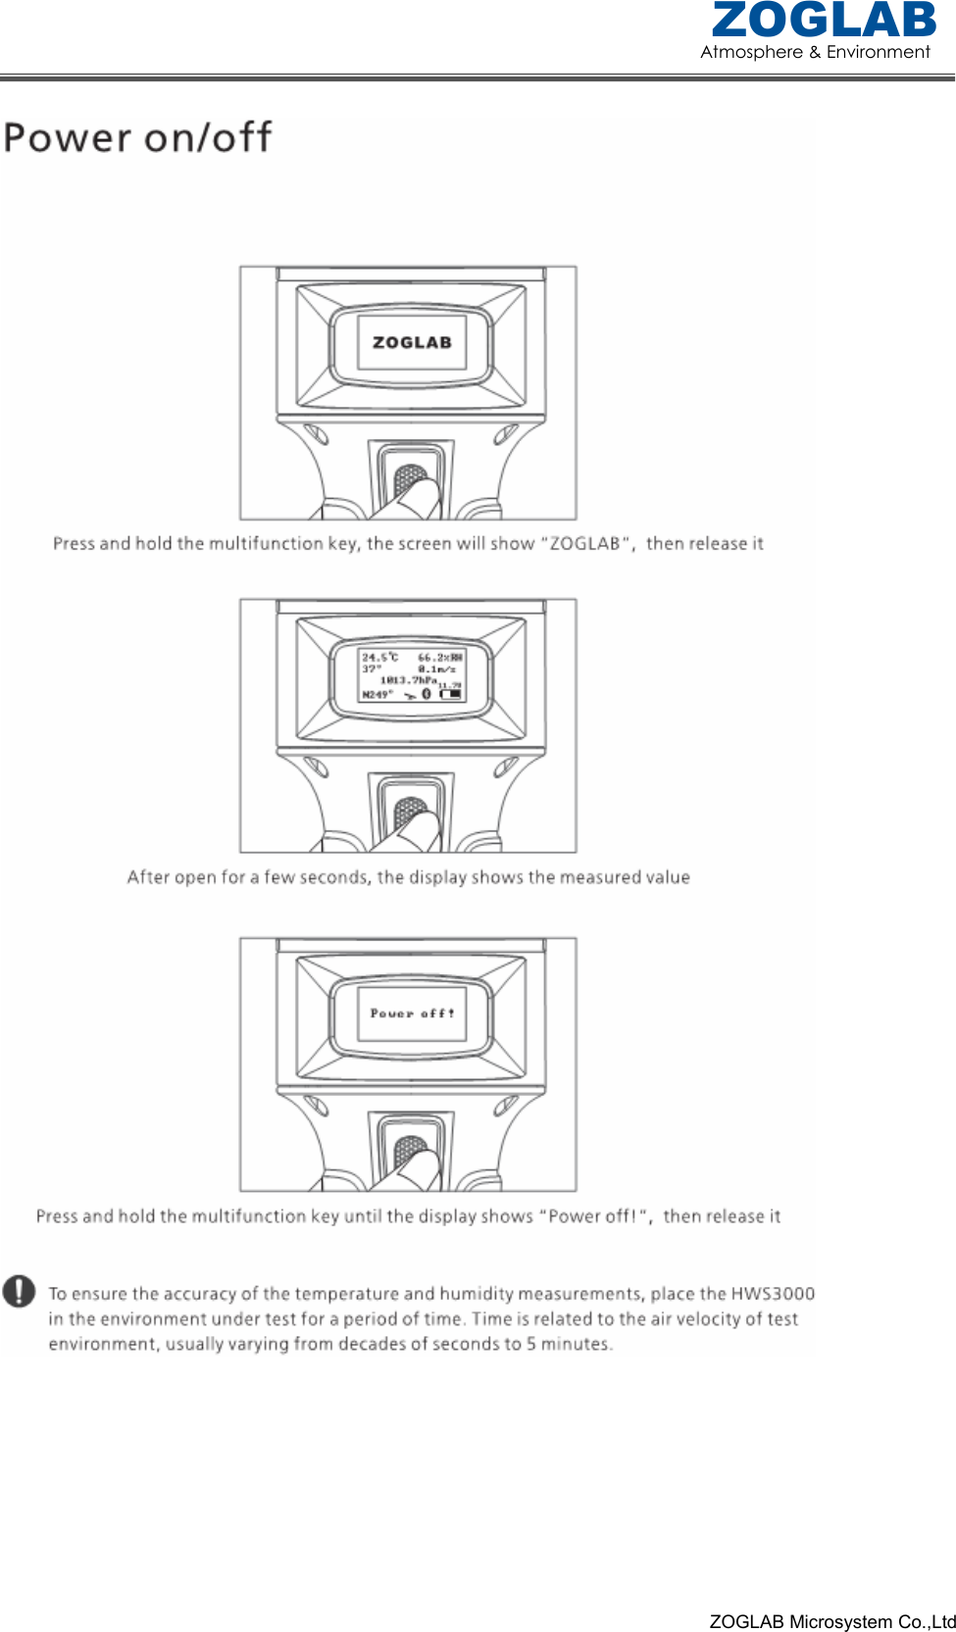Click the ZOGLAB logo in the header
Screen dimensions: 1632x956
[x=824, y=21]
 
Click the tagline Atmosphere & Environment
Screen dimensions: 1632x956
[x=815, y=52]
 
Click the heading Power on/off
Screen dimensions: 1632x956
[x=137, y=137]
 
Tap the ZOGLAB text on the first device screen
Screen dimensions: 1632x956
[x=412, y=342]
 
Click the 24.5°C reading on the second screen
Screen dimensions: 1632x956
[x=379, y=658]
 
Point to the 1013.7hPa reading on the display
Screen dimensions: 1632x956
[x=409, y=679]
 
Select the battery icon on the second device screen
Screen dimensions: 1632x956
[x=451, y=694]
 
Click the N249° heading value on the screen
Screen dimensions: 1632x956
[x=377, y=694]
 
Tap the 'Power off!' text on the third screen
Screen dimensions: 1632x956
[x=412, y=1014]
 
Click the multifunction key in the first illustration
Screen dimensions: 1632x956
[x=410, y=480]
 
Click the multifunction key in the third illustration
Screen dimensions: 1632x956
[x=410, y=1152]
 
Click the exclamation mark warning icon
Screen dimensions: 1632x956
[x=19, y=1292]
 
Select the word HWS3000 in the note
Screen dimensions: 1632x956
[x=773, y=1294]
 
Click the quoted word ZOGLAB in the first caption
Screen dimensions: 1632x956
[x=584, y=543]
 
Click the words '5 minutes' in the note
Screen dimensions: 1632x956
[x=568, y=1344]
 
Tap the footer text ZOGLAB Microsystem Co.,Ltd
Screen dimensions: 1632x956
[x=831, y=1621]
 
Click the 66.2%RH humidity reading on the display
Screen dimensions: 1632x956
[x=440, y=658]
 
